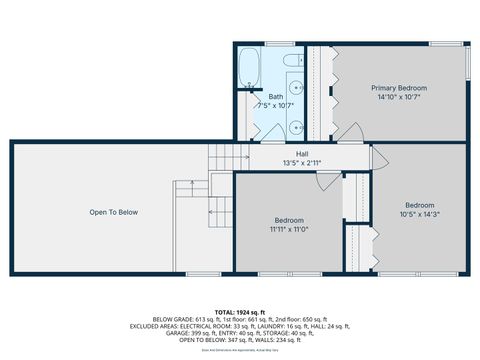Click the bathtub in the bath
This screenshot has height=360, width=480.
click(249, 69)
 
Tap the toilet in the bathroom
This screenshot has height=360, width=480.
click(294, 63)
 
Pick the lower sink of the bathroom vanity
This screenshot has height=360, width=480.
click(297, 127)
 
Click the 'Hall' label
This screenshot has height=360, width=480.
click(301, 152)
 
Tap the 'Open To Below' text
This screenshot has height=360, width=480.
click(113, 212)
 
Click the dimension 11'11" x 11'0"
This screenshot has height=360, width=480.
click(289, 229)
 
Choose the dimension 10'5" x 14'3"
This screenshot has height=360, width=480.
click(420, 213)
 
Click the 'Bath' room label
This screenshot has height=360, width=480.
click(275, 96)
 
